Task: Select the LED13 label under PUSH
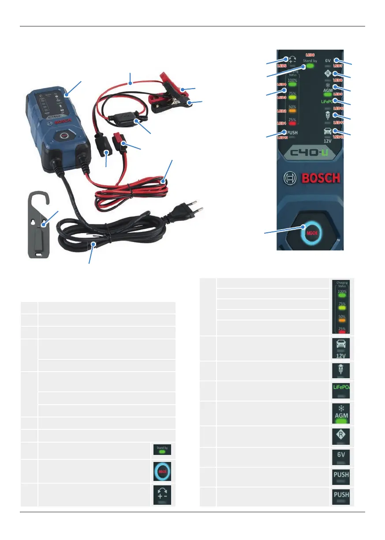click(282, 138)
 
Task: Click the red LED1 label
click(281, 123)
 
